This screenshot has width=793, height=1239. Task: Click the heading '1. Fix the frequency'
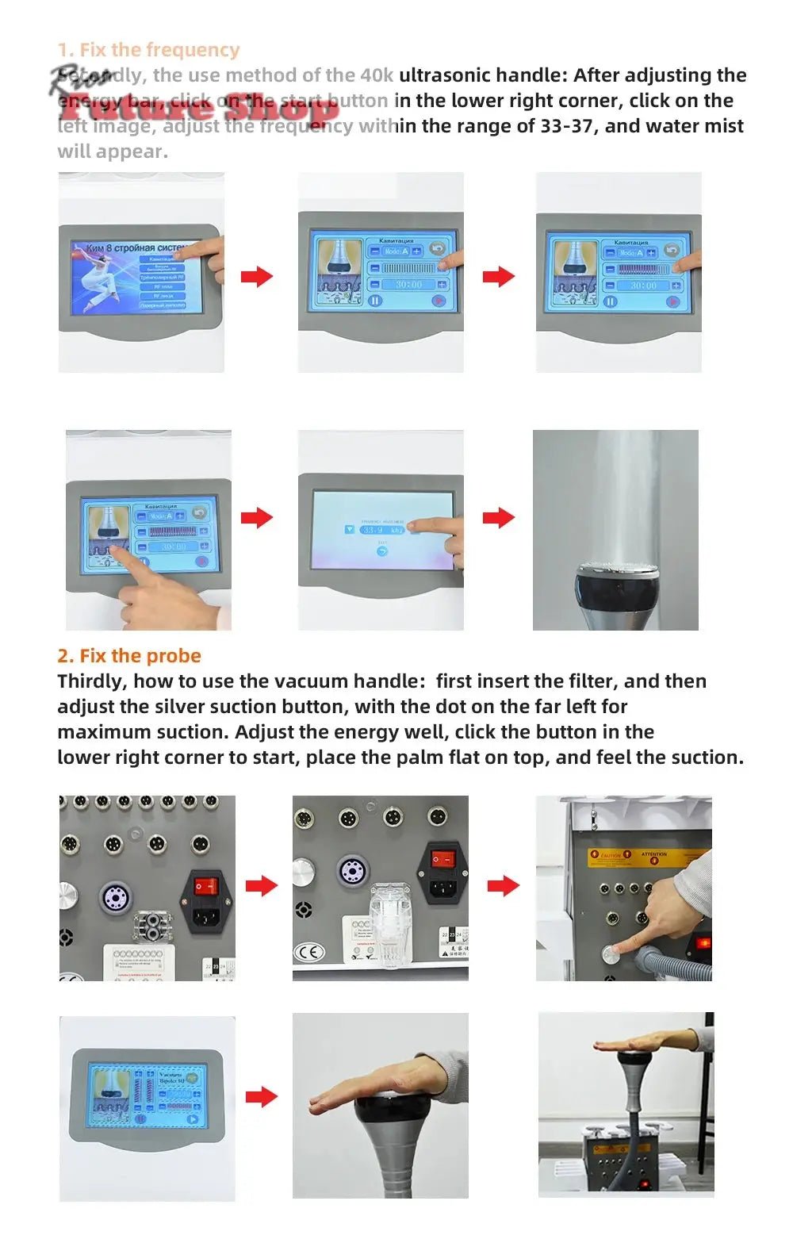148,50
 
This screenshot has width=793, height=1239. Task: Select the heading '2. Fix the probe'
129,656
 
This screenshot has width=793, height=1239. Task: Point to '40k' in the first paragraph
377,75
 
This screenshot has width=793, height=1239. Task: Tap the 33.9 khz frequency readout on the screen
381,530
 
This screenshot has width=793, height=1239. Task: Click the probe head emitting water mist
615,584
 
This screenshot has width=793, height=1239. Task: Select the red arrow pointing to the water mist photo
499,518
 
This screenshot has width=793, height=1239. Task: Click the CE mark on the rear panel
308,952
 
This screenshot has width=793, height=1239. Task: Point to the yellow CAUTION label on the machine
611,857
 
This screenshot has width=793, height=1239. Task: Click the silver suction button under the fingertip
611,954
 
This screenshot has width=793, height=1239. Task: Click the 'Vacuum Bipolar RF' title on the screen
170,1078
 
